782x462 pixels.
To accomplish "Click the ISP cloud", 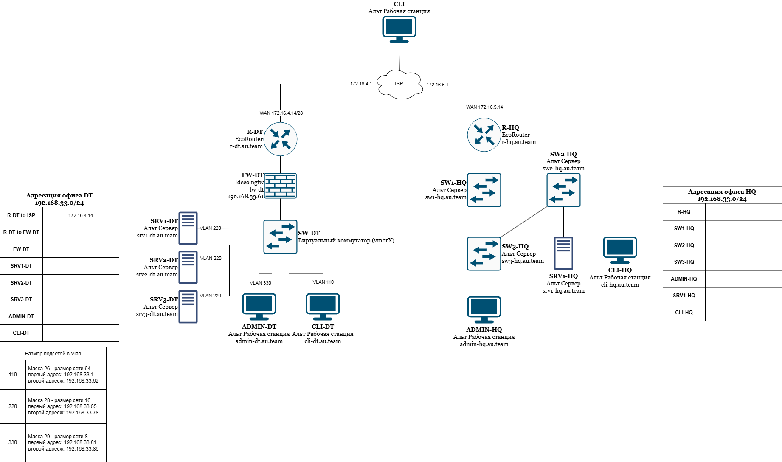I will tap(399, 84).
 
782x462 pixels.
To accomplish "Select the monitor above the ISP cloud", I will tap(399, 29).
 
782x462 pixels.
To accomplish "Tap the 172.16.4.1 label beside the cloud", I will tap(361, 84).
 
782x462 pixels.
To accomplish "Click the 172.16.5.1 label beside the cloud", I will tap(437, 85).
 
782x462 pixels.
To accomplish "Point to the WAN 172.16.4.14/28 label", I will tap(281, 113).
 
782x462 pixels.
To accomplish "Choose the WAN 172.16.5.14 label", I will tap(484, 107).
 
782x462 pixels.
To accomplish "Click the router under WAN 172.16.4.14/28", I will tap(280, 139).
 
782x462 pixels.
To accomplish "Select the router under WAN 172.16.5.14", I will tap(484, 135).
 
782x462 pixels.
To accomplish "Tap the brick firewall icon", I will tap(280, 186).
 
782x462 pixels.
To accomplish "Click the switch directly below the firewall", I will tap(280, 237).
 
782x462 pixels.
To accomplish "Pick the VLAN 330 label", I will tap(260, 283).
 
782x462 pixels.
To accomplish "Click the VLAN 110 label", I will tap(323, 282).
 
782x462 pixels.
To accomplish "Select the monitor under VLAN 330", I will tap(259, 306).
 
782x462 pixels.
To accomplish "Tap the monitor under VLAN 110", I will tap(323, 306).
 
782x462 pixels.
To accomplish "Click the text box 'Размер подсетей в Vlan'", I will tap(53, 354).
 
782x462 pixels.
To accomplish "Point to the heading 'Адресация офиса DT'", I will tap(59, 196).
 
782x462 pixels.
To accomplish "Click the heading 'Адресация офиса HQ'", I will tap(722, 192).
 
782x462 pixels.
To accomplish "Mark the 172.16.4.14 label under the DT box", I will tap(81, 216).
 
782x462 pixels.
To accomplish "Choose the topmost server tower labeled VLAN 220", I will tap(188, 228).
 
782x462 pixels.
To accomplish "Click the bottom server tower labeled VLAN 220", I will tap(188, 307).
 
